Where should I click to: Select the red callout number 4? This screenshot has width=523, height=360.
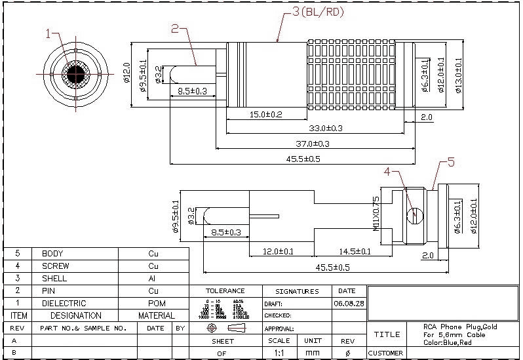(387, 172)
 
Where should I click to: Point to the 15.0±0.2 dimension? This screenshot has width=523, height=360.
(265, 115)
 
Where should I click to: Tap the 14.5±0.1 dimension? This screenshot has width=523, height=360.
(355, 251)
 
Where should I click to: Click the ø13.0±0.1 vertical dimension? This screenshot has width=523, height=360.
(458, 75)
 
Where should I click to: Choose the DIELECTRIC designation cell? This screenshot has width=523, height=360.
(64, 304)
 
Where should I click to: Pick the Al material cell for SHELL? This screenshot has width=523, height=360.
(153, 279)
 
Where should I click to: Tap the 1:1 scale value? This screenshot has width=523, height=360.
(279, 353)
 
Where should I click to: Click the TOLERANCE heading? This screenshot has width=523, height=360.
(225, 291)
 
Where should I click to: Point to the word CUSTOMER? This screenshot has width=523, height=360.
(385, 353)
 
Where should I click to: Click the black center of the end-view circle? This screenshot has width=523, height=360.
(77, 73)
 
